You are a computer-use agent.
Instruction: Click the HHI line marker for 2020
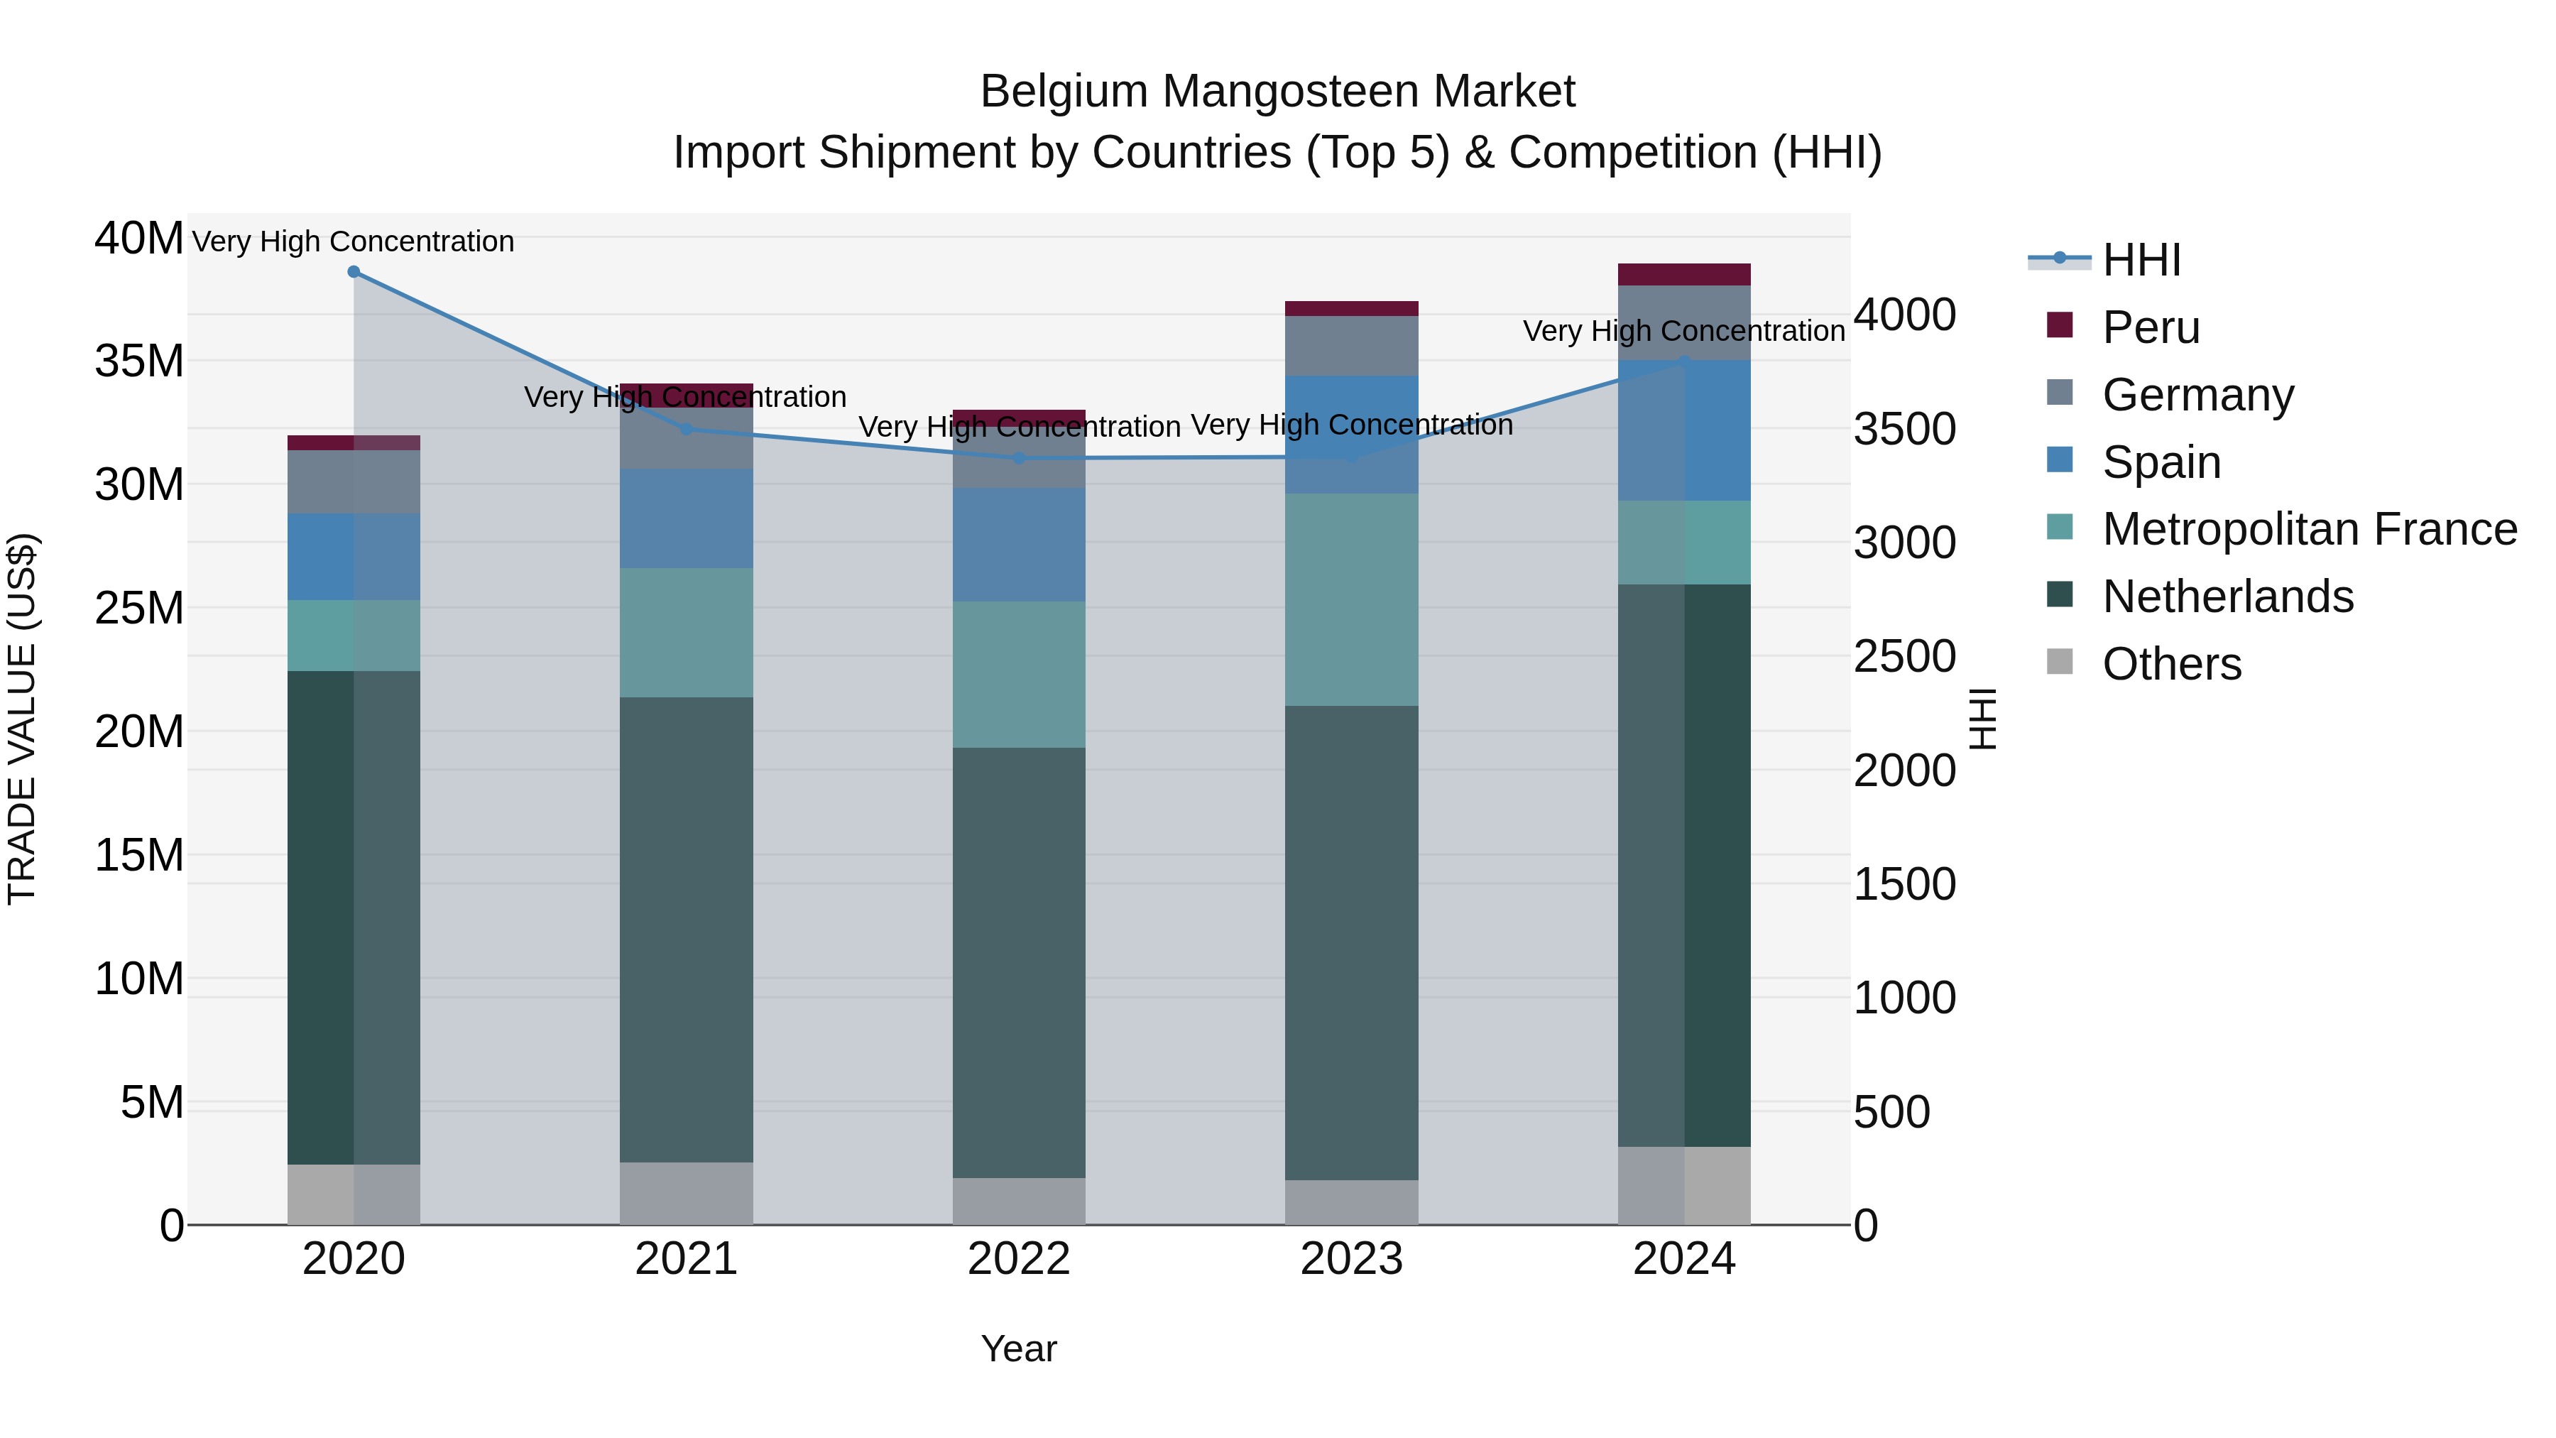pyautogui.click(x=354, y=272)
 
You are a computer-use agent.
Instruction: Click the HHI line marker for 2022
pyautogui.click(x=1019, y=459)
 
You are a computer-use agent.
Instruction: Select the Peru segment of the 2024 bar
pyautogui.click(x=1684, y=275)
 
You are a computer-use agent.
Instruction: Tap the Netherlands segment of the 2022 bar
pyautogui.click(x=1019, y=963)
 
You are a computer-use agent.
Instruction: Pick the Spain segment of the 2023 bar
pyautogui.click(x=1351, y=435)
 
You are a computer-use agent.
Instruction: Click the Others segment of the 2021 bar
pyautogui.click(x=686, y=1194)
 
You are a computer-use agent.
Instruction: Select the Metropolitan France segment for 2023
pyautogui.click(x=1351, y=599)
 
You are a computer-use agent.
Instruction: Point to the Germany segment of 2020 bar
pyautogui.click(x=354, y=482)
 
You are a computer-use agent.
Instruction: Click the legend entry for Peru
pyautogui.click(x=2150, y=327)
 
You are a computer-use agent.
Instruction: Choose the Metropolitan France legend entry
pyautogui.click(x=2309, y=529)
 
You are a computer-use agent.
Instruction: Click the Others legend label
pyautogui.click(x=2171, y=664)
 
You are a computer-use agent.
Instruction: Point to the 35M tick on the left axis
pyautogui.click(x=139, y=361)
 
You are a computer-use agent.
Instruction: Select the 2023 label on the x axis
pyautogui.click(x=1351, y=1259)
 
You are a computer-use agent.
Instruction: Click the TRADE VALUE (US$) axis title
pyautogui.click(x=22, y=719)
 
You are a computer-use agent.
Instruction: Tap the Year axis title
pyautogui.click(x=1019, y=1349)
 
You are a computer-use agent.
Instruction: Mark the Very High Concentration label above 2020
pyautogui.click(x=354, y=241)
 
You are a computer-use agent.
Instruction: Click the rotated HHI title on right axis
pyautogui.click(x=1982, y=719)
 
